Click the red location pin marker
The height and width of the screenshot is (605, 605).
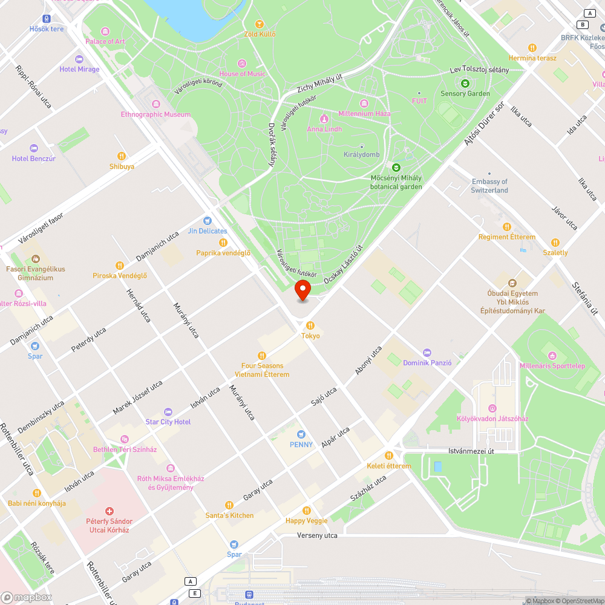(302, 290)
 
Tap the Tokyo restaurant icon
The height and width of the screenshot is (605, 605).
(310, 325)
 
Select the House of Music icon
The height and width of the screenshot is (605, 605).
(242, 64)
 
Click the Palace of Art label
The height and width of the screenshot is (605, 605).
(105, 41)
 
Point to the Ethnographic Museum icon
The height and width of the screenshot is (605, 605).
(155, 104)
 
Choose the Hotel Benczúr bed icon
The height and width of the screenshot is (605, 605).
(34, 148)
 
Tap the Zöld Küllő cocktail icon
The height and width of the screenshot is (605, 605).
(260, 24)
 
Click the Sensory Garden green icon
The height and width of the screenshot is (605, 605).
(465, 83)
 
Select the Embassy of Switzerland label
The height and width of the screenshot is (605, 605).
(489, 186)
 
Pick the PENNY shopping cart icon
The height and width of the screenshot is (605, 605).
(301, 434)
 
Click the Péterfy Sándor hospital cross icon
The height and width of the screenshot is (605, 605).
(109, 511)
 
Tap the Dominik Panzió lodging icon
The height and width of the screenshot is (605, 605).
(427, 353)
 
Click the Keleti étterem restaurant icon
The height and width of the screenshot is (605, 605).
(388, 456)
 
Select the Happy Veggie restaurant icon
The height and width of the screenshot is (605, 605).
(307, 511)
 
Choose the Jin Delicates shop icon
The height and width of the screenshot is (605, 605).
(208, 221)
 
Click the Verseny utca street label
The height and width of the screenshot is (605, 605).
(317, 535)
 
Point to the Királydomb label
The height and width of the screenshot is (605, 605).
(362, 154)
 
